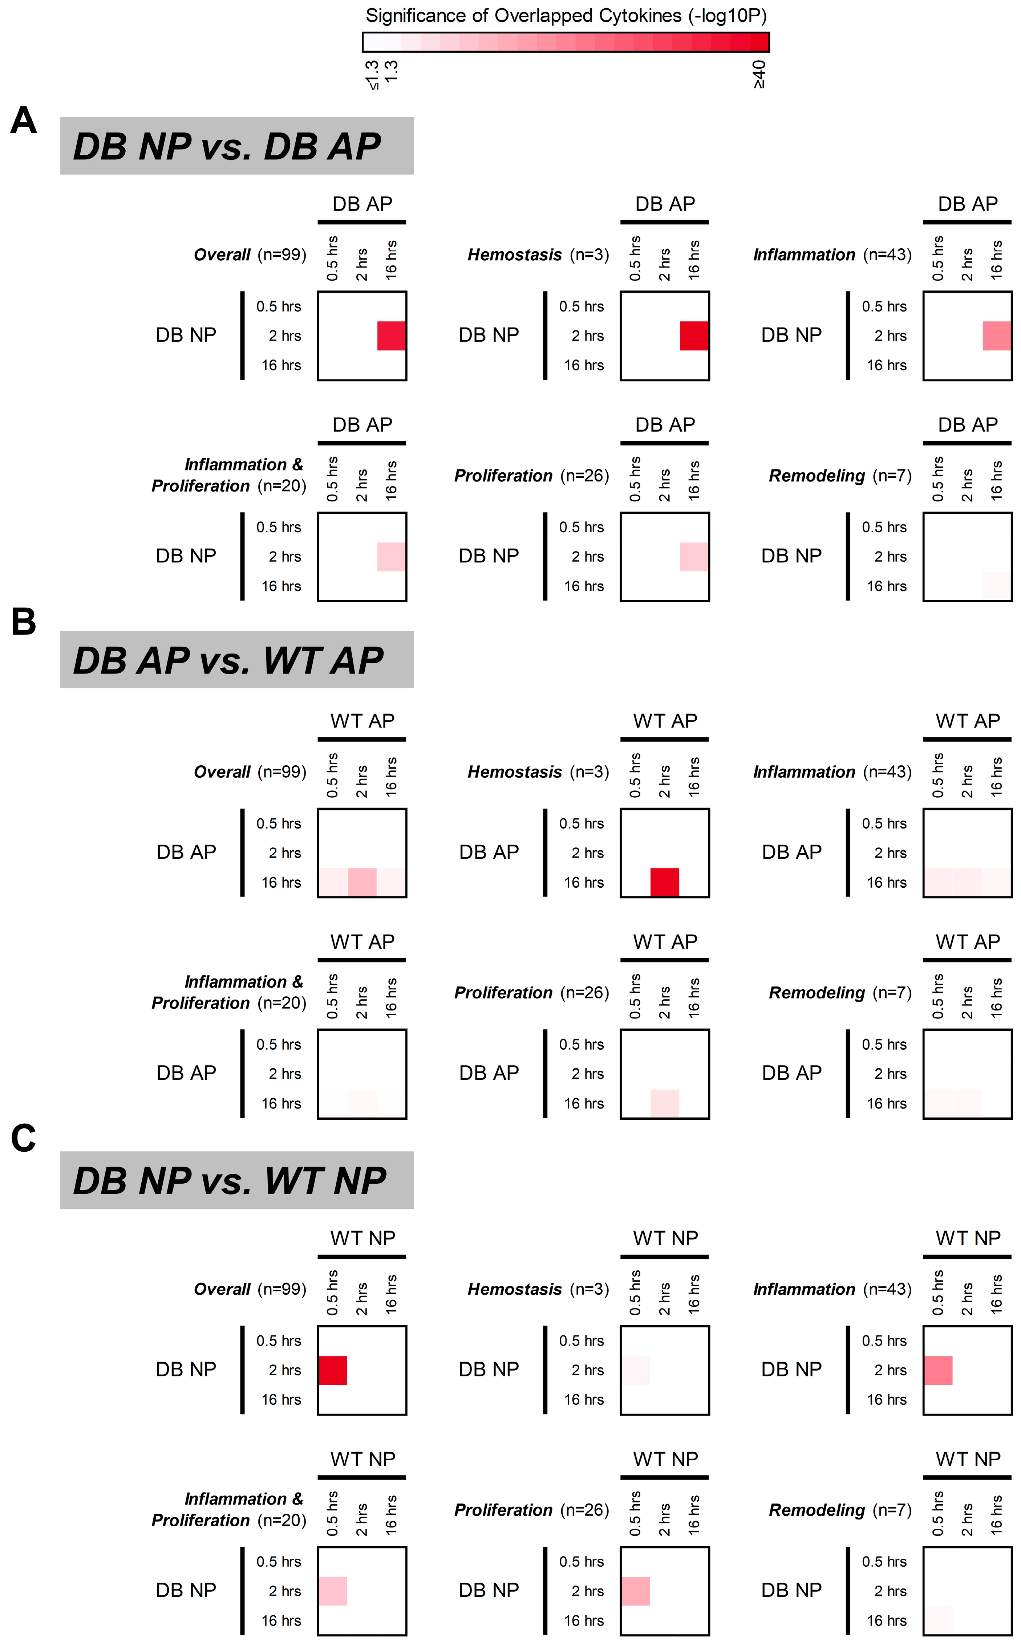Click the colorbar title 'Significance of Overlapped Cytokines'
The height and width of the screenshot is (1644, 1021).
pyautogui.click(x=566, y=16)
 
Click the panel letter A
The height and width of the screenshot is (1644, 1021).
pyautogui.click(x=24, y=122)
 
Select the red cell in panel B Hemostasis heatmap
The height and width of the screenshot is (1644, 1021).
pyautogui.click(x=664, y=882)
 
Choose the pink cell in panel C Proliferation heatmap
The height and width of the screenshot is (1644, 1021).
pyautogui.click(x=635, y=1591)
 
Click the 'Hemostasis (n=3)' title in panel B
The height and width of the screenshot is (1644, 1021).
pyautogui.click(x=538, y=772)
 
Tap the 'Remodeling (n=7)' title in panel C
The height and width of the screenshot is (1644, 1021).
pyautogui.click(x=840, y=1510)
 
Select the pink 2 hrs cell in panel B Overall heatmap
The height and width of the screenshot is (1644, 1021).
pyautogui.click(x=362, y=882)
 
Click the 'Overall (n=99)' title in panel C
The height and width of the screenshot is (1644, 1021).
pyautogui.click(x=250, y=1289)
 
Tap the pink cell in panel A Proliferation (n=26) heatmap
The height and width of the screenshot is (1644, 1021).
pyautogui.click(x=694, y=557)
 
